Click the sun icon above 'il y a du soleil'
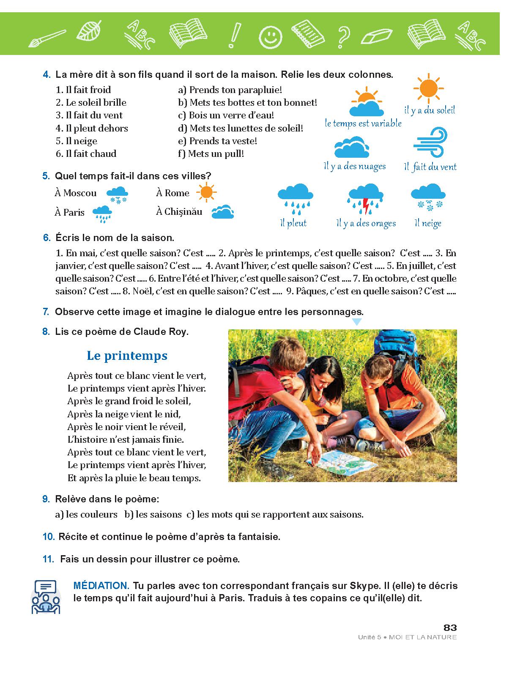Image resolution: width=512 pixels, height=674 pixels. (x=428, y=89)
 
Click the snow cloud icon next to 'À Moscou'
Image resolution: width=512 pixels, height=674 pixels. (x=117, y=195)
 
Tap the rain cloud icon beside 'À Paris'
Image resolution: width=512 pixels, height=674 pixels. (x=102, y=214)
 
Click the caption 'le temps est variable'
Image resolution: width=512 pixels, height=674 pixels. (x=363, y=123)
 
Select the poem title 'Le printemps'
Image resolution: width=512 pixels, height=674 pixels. (x=127, y=356)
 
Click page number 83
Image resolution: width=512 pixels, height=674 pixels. (x=450, y=627)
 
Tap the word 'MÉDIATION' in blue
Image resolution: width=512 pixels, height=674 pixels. (x=101, y=586)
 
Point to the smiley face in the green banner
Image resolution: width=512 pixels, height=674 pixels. (x=270, y=37)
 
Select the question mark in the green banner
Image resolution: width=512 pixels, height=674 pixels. (x=343, y=35)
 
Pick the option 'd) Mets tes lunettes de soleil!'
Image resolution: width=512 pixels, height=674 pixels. (x=240, y=128)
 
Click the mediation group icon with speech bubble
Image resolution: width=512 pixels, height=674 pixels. (x=46, y=597)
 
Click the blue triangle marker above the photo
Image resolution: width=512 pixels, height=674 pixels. (x=357, y=322)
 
